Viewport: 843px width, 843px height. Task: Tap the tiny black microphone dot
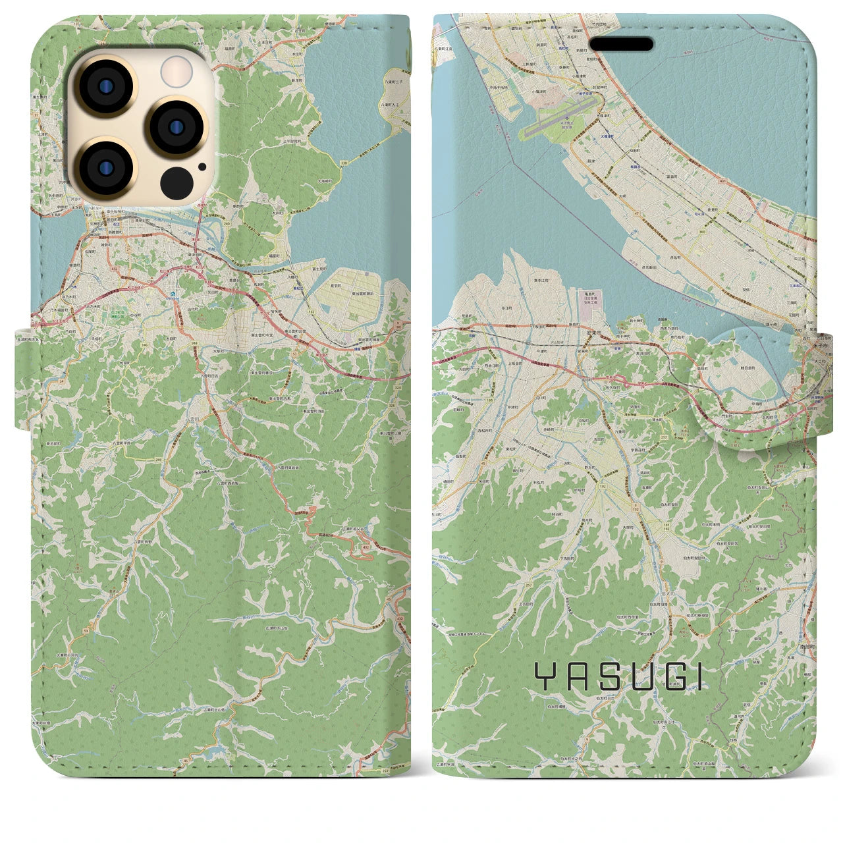pos(202,167)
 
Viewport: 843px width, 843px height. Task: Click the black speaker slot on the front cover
pos(621,44)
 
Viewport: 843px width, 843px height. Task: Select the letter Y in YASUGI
pos(544,676)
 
